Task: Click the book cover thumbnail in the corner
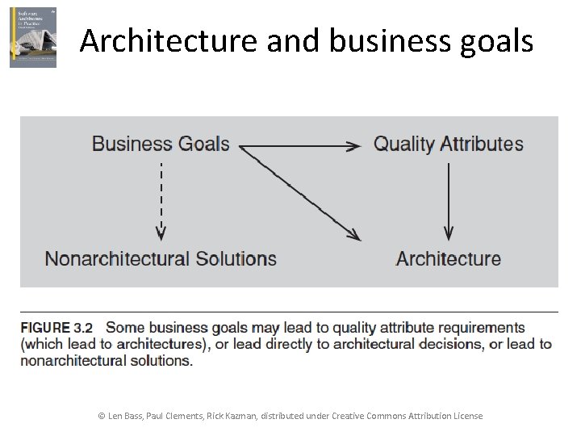coord(33,37)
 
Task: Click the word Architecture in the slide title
coord(167,40)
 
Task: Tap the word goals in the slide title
coord(496,40)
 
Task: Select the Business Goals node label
coord(161,145)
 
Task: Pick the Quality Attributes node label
coord(448,145)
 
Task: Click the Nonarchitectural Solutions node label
coord(161,259)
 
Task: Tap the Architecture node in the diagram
coord(448,259)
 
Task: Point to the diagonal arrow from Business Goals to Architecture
coord(300,193)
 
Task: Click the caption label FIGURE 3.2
coord(56,328)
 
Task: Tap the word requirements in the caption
coord(485,328)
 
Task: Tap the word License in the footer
coord(466,416)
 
